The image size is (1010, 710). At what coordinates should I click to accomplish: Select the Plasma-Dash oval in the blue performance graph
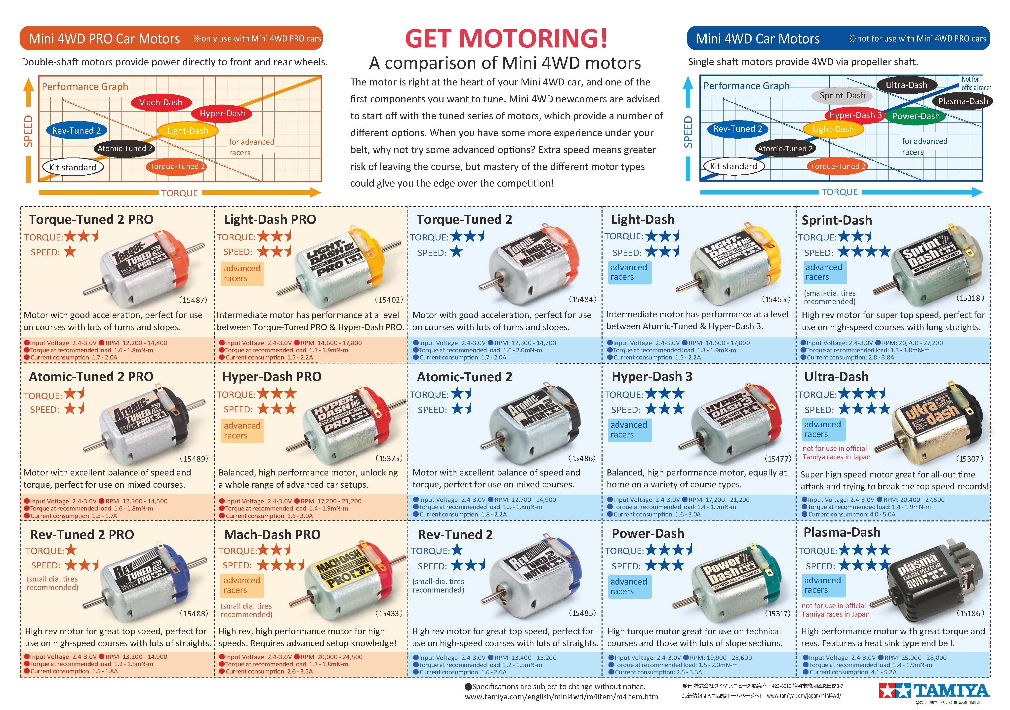pos(963,101)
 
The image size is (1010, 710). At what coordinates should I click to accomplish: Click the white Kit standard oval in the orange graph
pos(73,167)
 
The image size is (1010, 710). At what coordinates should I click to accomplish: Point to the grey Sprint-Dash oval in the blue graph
pos(842,95)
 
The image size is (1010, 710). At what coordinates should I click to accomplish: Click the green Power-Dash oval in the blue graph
pos(916,116)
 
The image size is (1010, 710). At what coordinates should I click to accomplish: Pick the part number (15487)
pos(193,300)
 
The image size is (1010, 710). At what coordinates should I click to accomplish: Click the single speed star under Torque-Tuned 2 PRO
pos(70,252)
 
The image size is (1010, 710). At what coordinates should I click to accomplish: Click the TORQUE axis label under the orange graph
pos(179,193)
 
